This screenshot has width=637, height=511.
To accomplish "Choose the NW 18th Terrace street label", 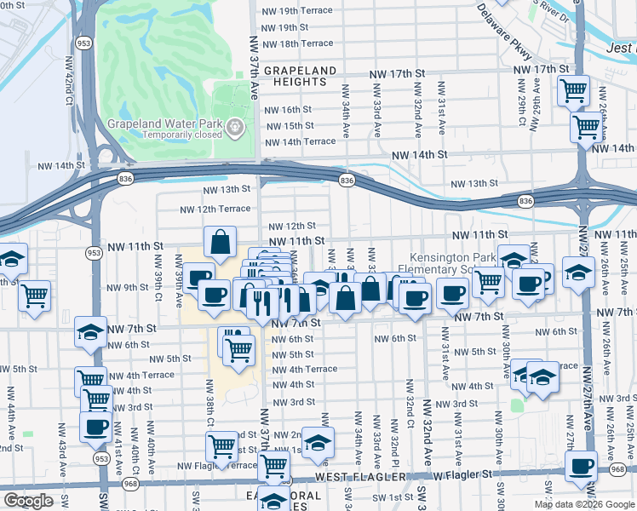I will pyautogui.click(x=298, y=43).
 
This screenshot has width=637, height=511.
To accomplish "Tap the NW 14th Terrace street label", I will pyautogui.click(x=301, y=141).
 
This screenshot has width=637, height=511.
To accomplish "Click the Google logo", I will pyautogui.click(x=28, y=501).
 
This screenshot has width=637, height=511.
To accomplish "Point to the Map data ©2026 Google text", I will pyautogui.click(x=584, y=504).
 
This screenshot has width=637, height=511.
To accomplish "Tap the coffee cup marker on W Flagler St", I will pyautogui.click(x=582, y=466).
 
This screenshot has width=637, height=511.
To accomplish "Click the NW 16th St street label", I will pyautogui.click(x=288, y=110).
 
